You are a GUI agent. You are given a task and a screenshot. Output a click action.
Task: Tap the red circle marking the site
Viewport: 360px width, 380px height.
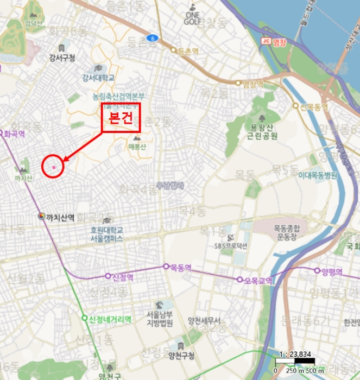pyautogui.click(x=53, y=166)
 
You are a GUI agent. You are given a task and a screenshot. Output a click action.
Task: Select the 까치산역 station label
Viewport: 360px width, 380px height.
pyautogui.click(x=60, y=217)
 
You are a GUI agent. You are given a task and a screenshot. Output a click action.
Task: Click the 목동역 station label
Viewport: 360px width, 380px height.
pyautogui.click(x=181, y=267)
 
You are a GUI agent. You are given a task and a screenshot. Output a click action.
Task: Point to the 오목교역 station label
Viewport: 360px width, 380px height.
pyautogui.click(x=257, y=280)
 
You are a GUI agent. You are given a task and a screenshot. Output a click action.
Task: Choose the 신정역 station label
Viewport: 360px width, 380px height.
pyautogui.click(x=123, y=276)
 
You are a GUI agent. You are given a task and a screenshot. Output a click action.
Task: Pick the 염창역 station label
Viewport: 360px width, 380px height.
pyautogui.click(x=252, y=84)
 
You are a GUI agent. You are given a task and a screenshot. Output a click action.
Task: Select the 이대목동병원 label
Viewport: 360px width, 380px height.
pyautogui.click(x=318, y=175)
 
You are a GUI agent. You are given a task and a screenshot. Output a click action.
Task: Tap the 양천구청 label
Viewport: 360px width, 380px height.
pyautogui.click(x=181, y=356)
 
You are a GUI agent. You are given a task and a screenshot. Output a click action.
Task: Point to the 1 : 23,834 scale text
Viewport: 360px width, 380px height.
pyautogui.click(x=295, y=354)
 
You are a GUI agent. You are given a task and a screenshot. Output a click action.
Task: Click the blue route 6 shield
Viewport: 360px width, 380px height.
pyautogui.click(x=153, y=38)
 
